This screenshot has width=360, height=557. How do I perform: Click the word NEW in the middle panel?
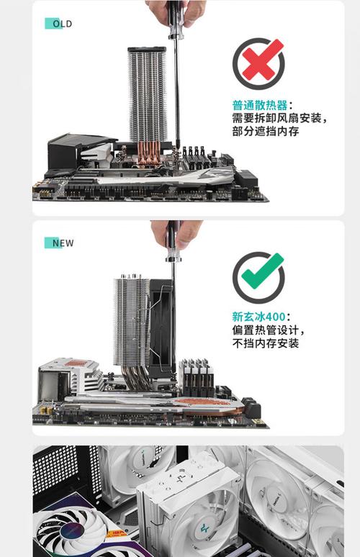pos(63,243)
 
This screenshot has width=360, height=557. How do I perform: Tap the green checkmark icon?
pos(258,277)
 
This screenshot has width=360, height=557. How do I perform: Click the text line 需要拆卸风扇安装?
pos(280,118)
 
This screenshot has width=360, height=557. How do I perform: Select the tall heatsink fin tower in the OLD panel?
pos(148,94)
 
